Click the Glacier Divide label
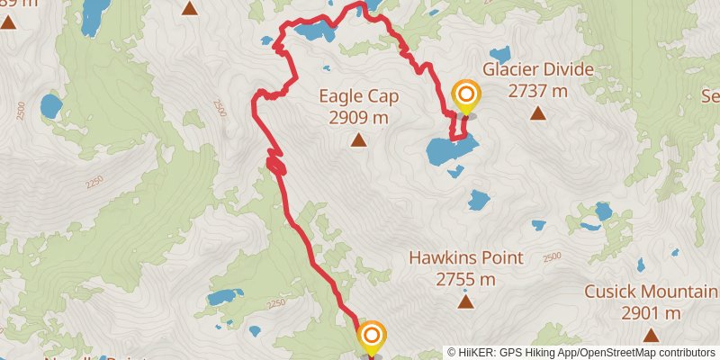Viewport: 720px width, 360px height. (537, 69)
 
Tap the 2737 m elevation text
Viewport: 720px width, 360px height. (537, 90)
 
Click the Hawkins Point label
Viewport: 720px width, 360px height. (465, 257)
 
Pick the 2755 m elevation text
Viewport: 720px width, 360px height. (465, 279)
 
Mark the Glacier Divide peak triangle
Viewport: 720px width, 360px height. (537, 112)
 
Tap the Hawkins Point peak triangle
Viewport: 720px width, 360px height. (465, 301)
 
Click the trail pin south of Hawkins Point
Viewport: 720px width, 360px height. (372, 338)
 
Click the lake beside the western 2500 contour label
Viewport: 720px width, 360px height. (51, 107)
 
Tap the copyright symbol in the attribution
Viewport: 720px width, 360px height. (452, 353)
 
